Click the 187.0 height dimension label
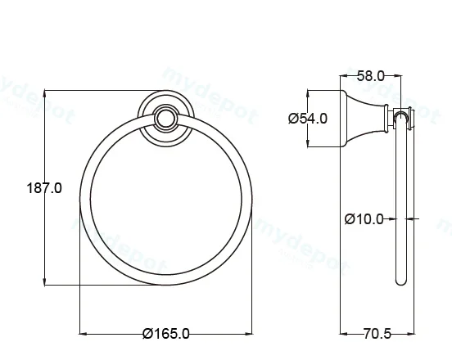pyautogui.click(x=44, y=188)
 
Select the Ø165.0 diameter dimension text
pyautogui.click(x=166, y=334)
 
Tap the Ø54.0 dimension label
pyautogui.click(x=308, y=119)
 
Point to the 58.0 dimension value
pyautogui.click(x=371, y=76)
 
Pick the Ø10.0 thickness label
pyautogui.click(x=364, y=219)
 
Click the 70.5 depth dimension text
pyautogui.click(x=377, y=334)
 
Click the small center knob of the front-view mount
pyautogui.click(x=165, y=118)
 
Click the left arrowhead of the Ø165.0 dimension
pyautogui.click(x=84, y=334)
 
